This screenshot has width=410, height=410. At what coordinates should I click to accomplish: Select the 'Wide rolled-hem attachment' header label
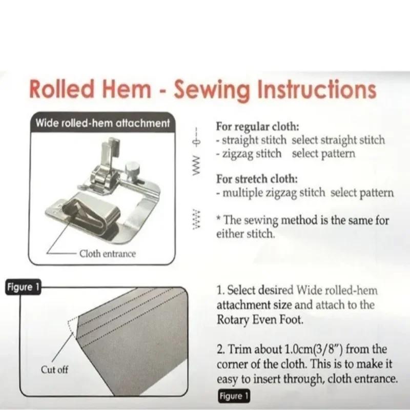coord(102,124)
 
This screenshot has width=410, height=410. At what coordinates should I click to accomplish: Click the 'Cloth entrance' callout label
coord(108,254)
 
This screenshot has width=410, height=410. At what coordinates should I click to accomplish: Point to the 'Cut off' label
coord(55,369)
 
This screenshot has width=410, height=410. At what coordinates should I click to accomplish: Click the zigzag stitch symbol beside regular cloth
coord(196,163)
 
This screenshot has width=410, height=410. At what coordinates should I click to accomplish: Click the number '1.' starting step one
coord(220,291)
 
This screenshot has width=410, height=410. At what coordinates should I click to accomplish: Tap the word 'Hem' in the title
coord(126,90)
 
